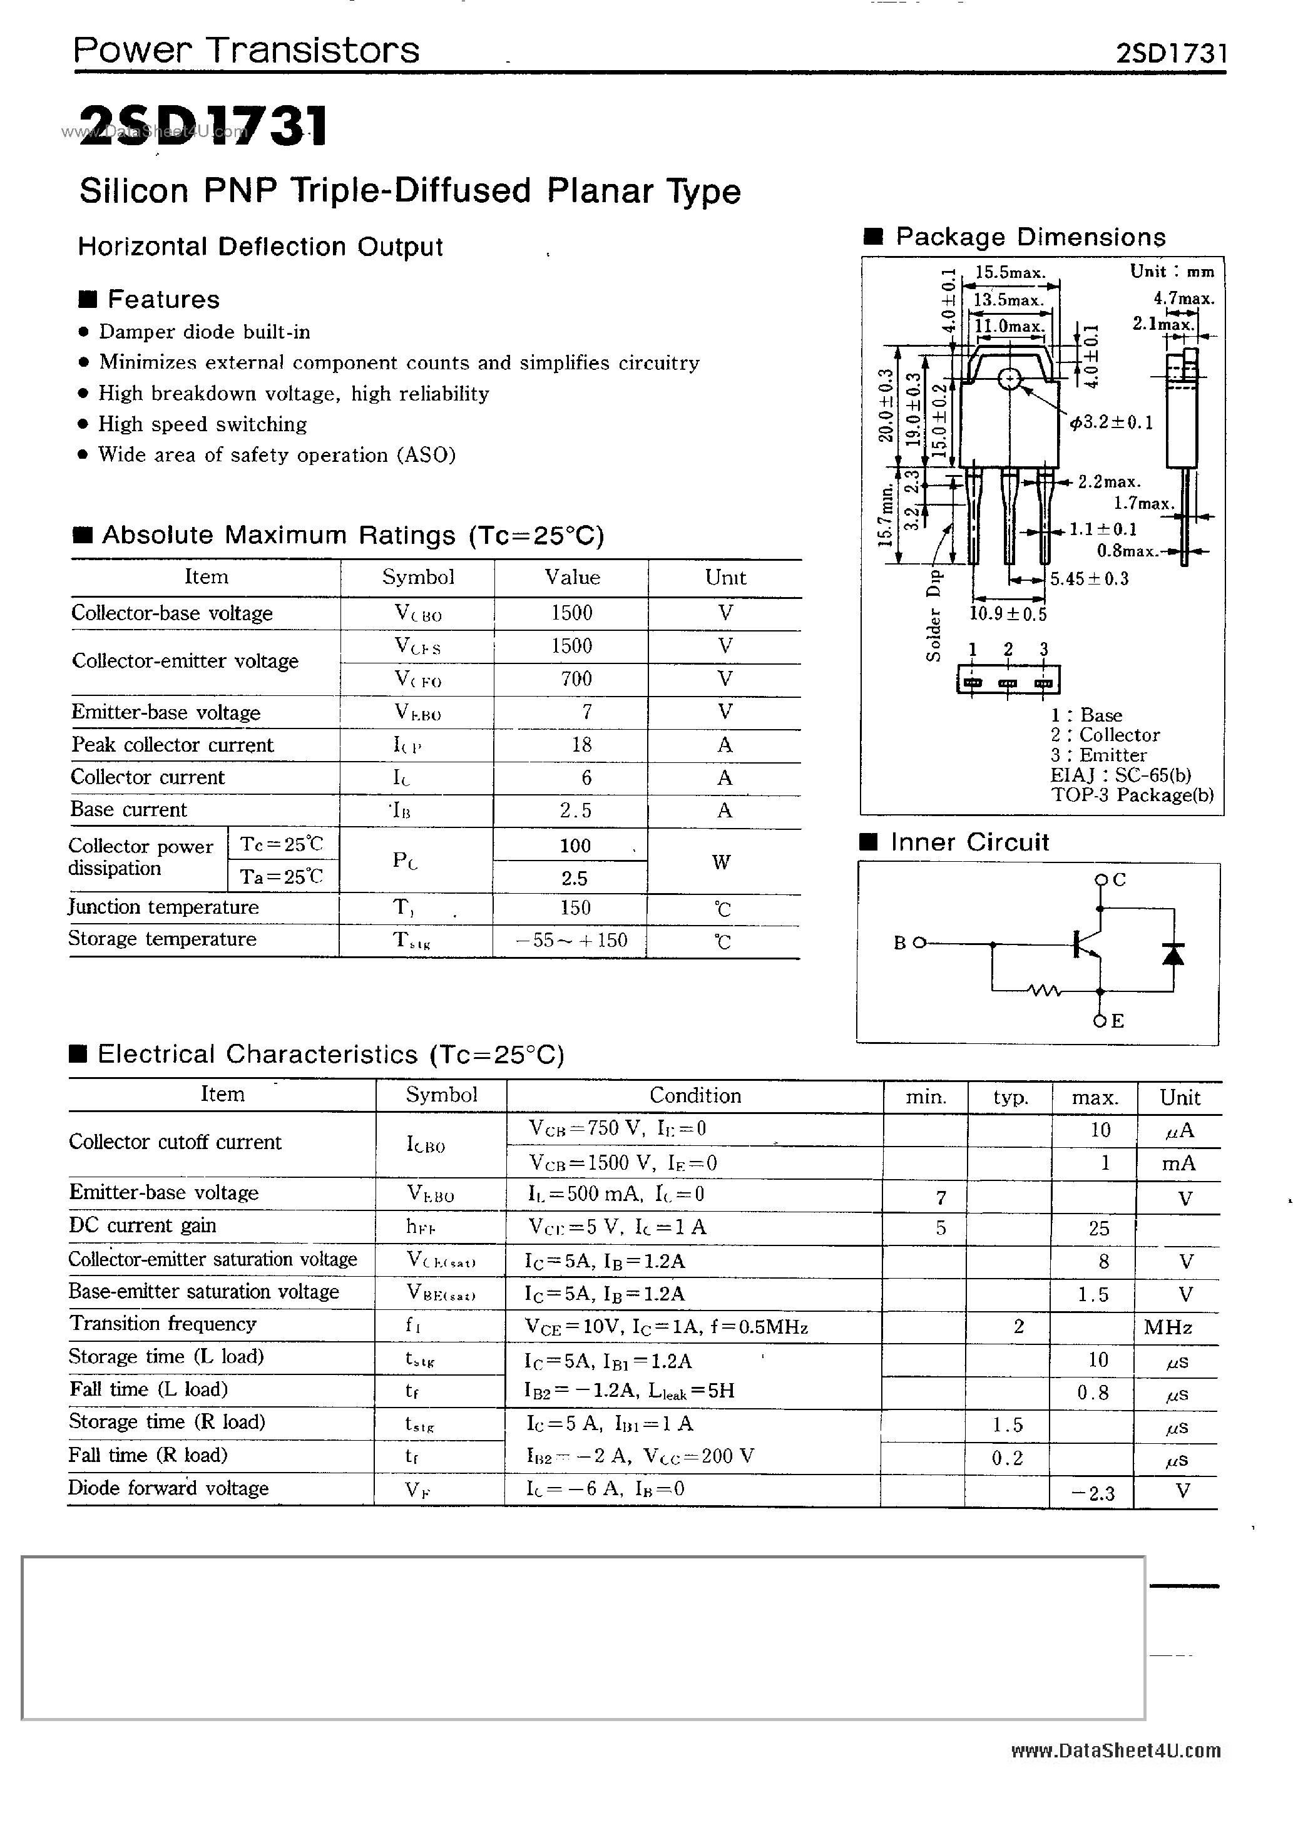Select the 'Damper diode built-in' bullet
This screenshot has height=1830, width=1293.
point(204,332)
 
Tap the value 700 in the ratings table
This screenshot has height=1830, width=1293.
point(576,679)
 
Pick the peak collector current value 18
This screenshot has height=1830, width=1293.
point(581,744)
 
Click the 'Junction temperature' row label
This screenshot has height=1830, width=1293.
point(163,907)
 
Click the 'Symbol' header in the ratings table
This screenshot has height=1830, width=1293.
point(417,577)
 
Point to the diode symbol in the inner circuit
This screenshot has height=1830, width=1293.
point(1173,953)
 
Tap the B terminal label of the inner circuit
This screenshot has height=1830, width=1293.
point(900,943)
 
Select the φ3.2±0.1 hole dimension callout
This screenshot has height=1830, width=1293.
point(1112,422)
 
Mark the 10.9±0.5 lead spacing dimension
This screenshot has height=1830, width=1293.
point(1008,614)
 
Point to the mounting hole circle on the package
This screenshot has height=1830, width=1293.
point(1009,379)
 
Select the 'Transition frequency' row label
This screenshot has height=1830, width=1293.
point(163,1324)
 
